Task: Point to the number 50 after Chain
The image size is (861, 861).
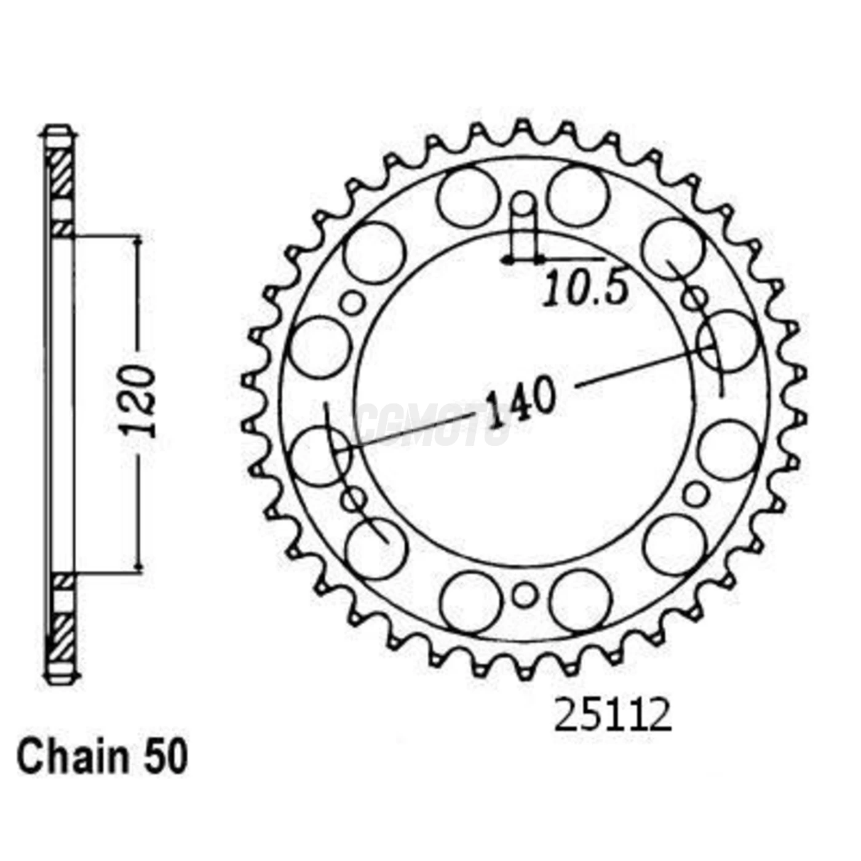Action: click(x=165, y=758)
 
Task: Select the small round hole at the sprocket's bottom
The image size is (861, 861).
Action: click(x=524, y=595)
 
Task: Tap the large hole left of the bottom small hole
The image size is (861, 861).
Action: click(x=472, y=601)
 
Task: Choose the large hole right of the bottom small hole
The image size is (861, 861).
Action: click(x=580, y=600)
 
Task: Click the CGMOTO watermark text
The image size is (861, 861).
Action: click(x=434, y=424)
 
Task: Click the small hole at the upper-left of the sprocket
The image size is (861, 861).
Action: click(x=353, y=303)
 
